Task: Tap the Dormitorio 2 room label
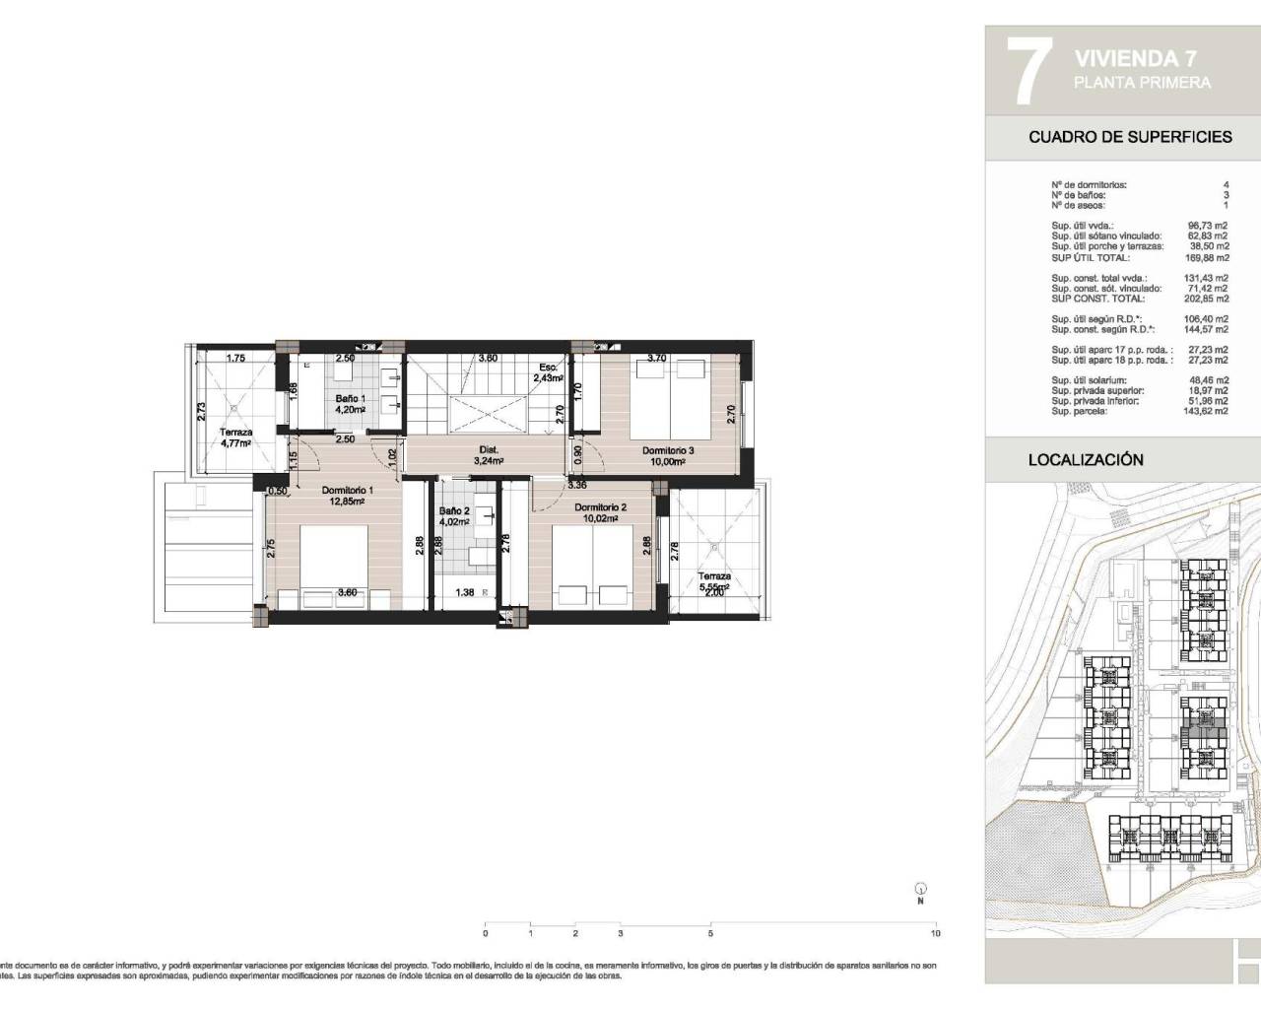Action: (600, 507)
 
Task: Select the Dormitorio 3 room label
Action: (669, 451)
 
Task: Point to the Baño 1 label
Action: (350, 398)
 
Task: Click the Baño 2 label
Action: (453, 510)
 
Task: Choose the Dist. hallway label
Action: (489, 449)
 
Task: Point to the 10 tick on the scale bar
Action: (935, 932)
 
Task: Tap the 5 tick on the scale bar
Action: (710, 932)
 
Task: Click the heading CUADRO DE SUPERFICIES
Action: (1130, 137)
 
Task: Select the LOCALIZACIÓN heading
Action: (1086, 459)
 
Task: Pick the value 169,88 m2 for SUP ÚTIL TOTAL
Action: (1207, 257)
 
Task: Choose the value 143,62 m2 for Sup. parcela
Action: (1207, 411)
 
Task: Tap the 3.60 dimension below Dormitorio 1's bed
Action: (347, 593)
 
